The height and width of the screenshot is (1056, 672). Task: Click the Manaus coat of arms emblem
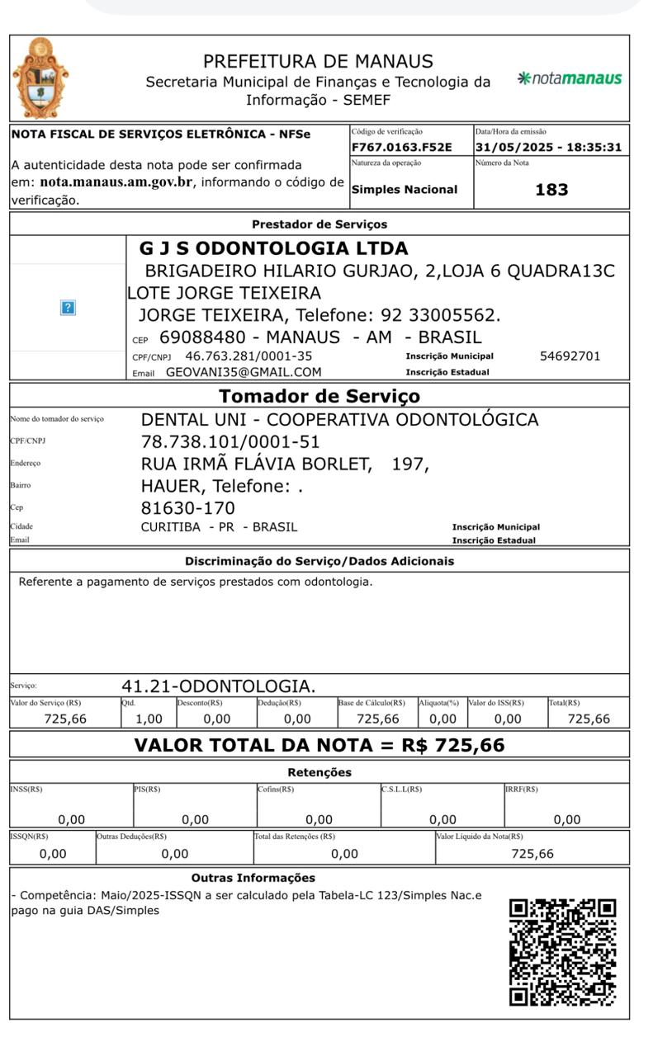[x=41, y=78]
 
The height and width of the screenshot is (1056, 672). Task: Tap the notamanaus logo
[x=569, y=78]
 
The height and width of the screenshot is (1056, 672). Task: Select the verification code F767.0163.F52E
[x=402, y=148]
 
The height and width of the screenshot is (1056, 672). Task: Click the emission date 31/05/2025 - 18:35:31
[x=547, y=148]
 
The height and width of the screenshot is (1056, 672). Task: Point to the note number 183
[x=551, y=190]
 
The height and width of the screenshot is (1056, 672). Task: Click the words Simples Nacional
[x=405, y=190]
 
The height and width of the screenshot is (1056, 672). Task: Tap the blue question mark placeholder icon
[x=68, y=307]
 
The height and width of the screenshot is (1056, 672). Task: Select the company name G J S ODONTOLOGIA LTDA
[x=273, y=248]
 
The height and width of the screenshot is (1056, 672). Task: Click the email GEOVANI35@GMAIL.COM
[x=244, y=372]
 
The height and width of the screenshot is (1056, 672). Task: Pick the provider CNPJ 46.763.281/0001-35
[x=248, y=356]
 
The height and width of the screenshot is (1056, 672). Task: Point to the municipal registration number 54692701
[x=570, y=356]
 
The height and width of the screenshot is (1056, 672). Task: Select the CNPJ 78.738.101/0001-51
[x=230, y=441]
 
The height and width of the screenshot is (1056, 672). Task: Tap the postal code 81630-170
[x=188, y=507]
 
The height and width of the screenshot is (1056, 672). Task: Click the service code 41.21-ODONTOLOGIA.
[x=218, y=686]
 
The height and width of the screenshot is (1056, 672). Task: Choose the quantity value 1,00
[x=148, y=719]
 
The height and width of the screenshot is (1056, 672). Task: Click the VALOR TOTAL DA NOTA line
[x=319, y=746]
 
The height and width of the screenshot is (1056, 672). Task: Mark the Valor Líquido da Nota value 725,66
[x=532, y=854]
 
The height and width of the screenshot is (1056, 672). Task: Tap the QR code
[x=562, y=952]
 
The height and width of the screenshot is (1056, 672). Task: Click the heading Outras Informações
[x=253, y=878]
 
